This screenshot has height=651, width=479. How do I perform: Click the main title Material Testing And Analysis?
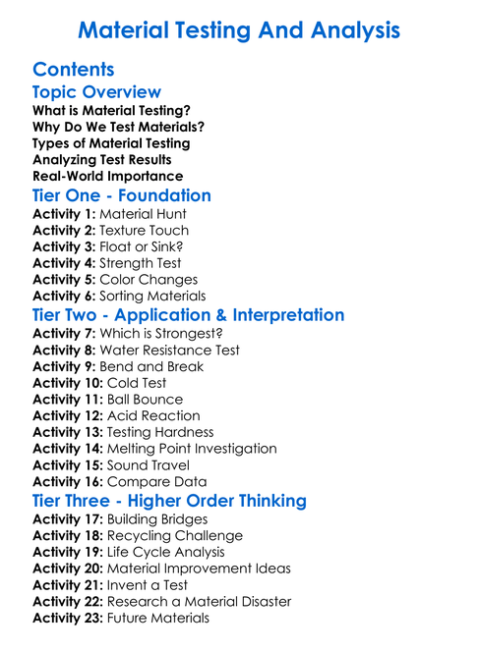[x=239, y=30]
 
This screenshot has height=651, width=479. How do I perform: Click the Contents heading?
[x=74, y=70]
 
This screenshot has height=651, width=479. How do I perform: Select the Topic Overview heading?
[x=96, y=92]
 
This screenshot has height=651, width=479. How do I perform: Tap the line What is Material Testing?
[x=112, y=111]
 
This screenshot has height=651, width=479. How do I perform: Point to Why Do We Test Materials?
[x=118, y=128]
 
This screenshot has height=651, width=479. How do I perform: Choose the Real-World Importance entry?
[x=108, y=177]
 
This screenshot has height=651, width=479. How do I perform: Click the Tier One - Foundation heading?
[x=122, y=195]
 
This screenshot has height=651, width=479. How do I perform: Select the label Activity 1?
[x=64, y=214]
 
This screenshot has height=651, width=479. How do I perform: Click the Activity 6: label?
[x=64, y=296]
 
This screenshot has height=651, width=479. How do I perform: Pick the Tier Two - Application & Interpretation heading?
[x=188, y=315]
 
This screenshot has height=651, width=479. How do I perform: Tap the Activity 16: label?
[x=68, y=482]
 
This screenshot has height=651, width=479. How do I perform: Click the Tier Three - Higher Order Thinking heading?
[x=169, y=501]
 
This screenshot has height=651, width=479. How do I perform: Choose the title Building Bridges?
[x=157, y=519]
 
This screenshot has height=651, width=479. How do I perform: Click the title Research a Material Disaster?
[x=199, y=601]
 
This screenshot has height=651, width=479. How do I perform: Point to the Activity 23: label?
[x=68, y=618]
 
